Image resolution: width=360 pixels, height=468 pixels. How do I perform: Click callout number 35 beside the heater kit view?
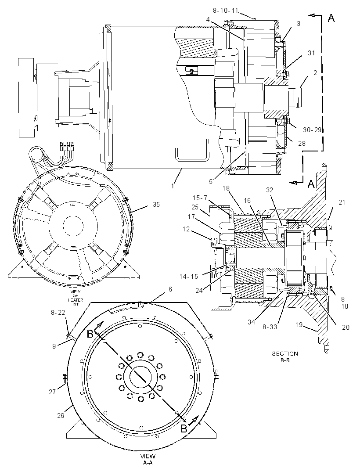156,205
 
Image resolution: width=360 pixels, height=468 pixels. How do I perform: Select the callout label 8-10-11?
225,11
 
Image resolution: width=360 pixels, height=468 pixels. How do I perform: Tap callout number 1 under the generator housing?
173,186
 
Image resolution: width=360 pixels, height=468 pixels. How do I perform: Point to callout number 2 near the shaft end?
315,72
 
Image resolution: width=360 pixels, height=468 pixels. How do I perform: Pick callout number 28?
302,143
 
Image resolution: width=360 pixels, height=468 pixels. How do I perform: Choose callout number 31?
311,53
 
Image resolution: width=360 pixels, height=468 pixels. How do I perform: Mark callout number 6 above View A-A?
170,289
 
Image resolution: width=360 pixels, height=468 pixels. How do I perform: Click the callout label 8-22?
58,313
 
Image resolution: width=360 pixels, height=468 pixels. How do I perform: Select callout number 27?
52,392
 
